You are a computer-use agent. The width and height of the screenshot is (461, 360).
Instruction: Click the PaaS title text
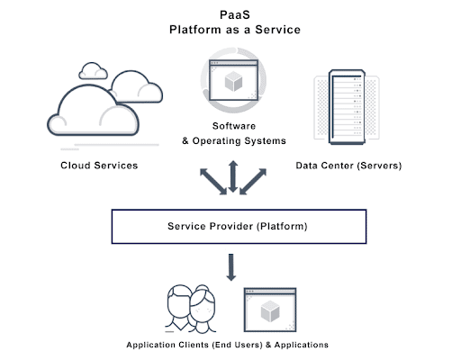point(235,14)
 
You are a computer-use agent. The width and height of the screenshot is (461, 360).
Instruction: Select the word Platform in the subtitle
point(195,30)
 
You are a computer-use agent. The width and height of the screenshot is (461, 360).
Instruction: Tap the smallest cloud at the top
point(93,71)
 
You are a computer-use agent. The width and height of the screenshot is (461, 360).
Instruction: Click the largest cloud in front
point(93,111)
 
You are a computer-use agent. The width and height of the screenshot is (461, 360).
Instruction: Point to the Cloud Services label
point(99,166)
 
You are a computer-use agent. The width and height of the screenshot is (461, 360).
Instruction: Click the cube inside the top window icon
point(233,81)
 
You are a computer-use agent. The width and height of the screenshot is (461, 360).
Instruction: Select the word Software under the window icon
point(234,126)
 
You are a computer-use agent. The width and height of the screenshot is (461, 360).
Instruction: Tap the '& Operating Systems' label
point(234,140)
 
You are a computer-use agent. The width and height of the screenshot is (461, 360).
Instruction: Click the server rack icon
point(347,107)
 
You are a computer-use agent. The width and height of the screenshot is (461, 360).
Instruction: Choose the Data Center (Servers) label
point(348,166)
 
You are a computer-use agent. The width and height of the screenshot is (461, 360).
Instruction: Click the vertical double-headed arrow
point(233,176)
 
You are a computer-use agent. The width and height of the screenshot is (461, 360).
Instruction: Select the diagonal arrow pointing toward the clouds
point(213,182)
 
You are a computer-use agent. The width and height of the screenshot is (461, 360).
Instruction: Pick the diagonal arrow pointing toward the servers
point(253,182)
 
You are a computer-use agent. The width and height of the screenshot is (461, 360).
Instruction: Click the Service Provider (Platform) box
point(239,227)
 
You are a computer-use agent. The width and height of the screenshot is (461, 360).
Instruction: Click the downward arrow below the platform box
point(230,267)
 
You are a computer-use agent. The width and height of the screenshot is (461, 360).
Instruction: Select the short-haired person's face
point(179,303)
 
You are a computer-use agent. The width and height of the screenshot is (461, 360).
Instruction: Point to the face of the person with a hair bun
point(203,308)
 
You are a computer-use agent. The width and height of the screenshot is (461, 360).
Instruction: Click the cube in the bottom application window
point(270,311)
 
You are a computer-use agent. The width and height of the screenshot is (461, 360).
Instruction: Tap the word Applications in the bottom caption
point(302,345)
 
